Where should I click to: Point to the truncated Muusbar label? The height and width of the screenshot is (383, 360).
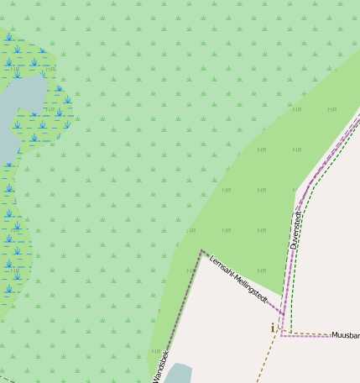pos(345,335)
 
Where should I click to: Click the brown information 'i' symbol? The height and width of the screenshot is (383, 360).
pos(272,327)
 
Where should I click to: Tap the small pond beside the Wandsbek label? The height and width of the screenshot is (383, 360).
pos(178,375)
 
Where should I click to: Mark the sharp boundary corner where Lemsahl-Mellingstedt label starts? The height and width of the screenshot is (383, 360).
pos(201,250)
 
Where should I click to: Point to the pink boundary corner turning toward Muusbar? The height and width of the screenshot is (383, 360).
pos(281,335)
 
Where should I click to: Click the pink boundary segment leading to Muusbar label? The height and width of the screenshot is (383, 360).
pos(306,336)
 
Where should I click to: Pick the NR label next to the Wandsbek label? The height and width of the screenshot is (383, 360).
pos(154,351)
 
